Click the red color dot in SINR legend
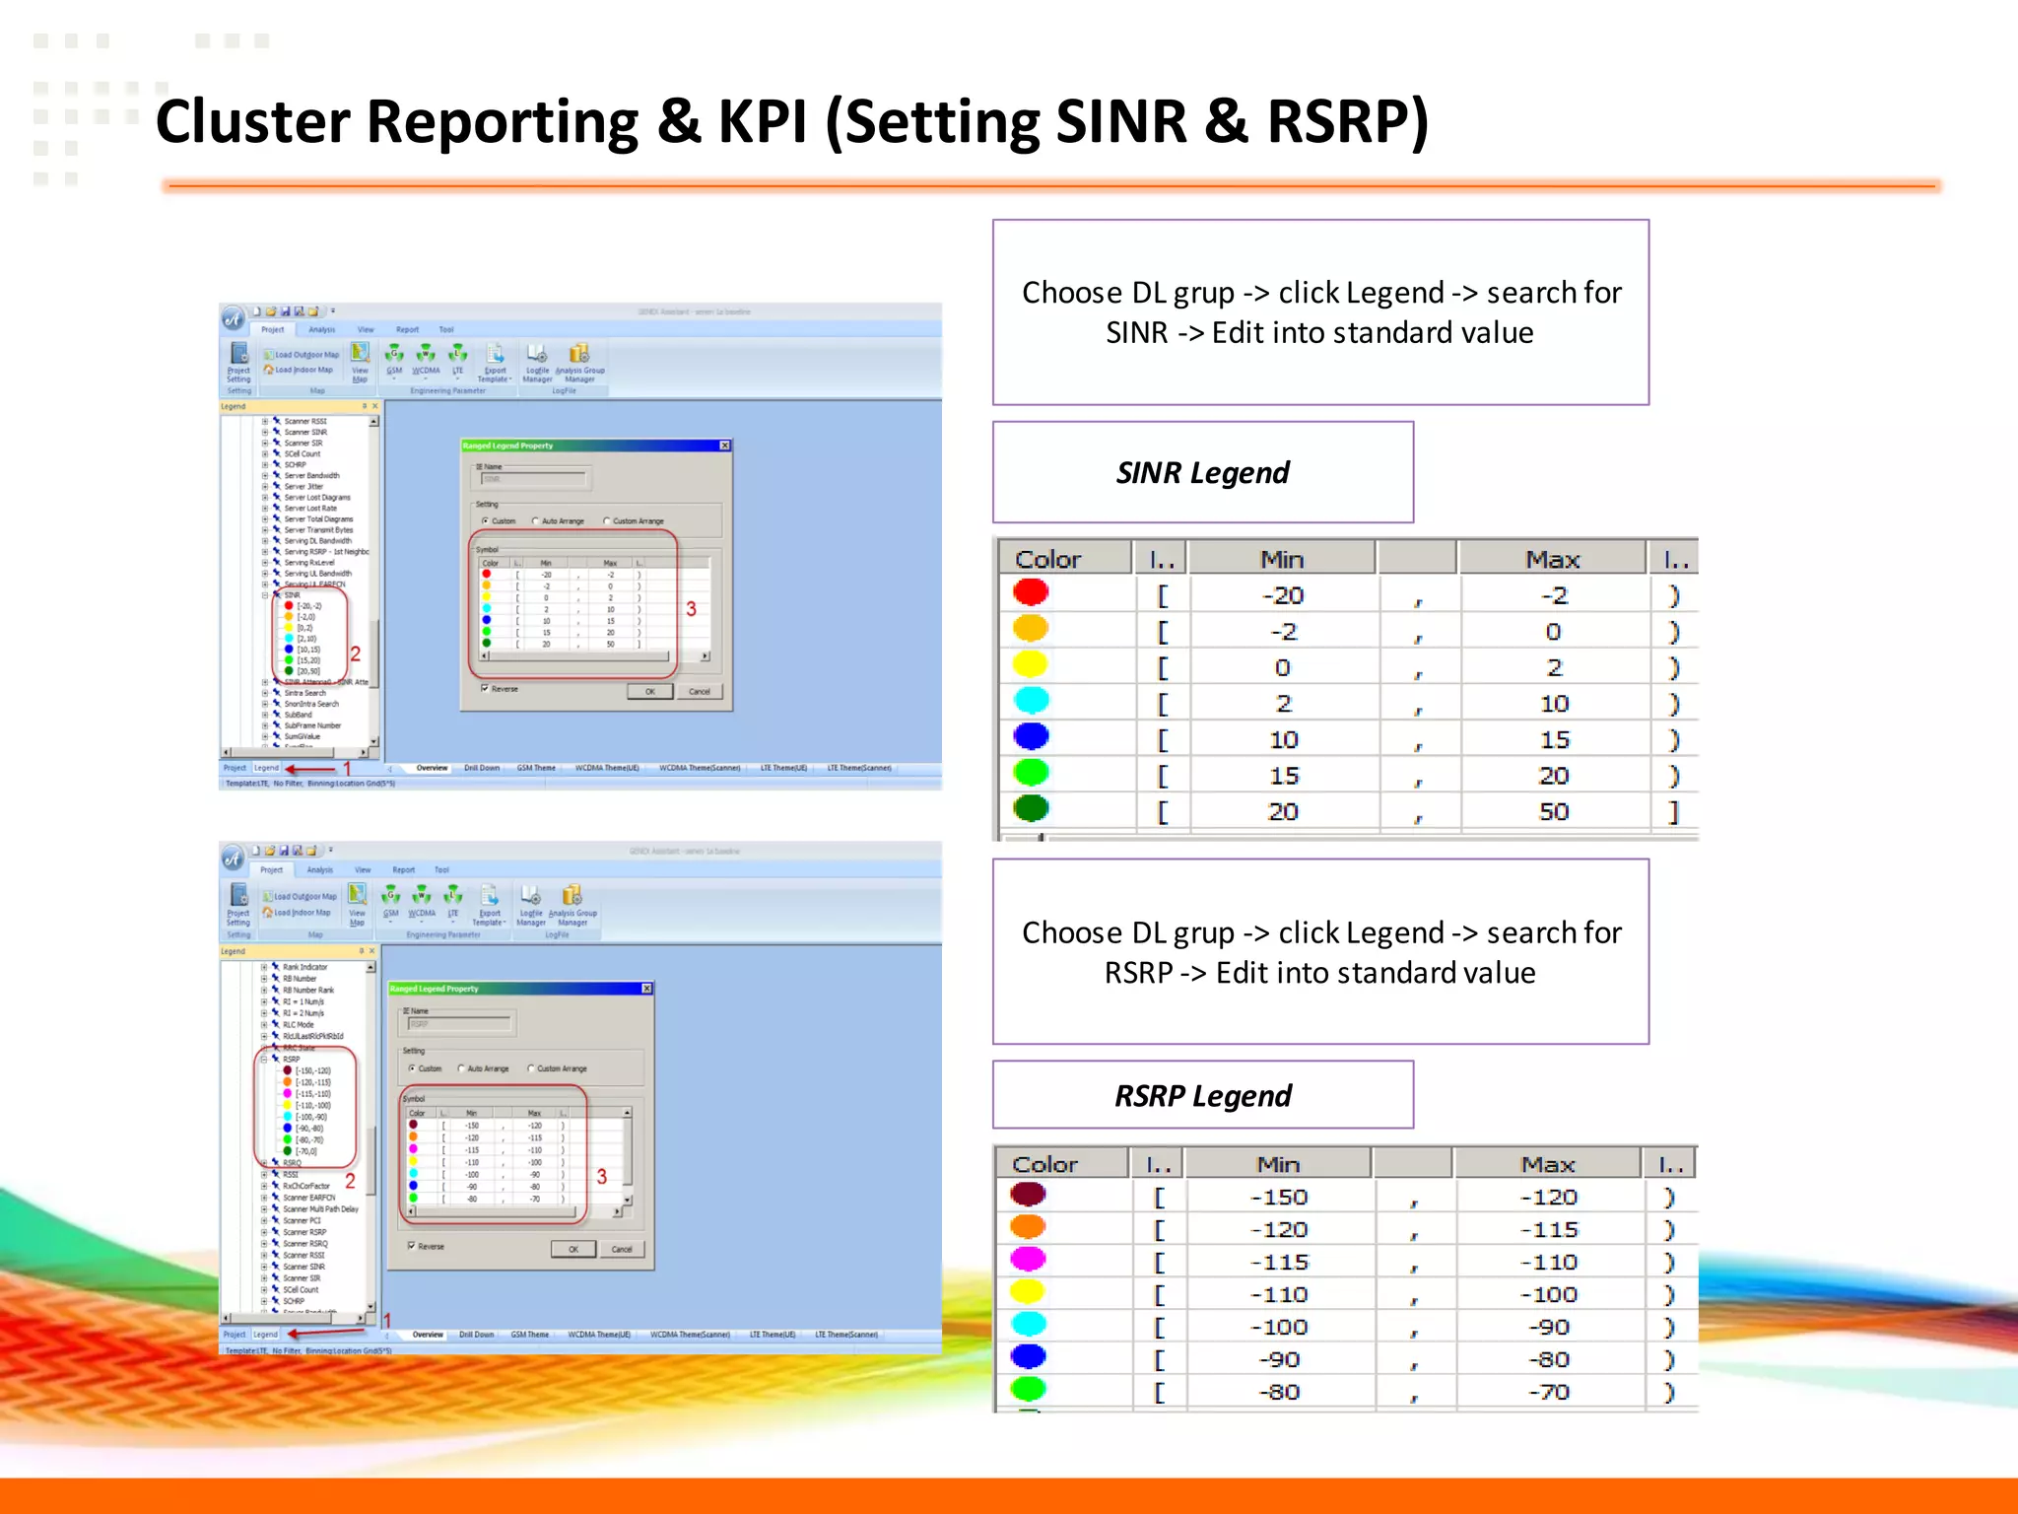tap(1031, 592)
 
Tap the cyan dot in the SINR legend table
tap(1031, 701)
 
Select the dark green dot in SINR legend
tap(1031, 808)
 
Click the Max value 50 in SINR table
tap(1553, 812)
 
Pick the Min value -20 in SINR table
tap(1283, 595)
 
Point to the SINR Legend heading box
tap(1202, 473)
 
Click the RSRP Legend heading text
tap(1202, 1096)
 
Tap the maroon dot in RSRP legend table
tap(1028, 1195)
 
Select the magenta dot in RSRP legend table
tap(1028, 1260)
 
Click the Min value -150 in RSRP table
tap(1279, 1198)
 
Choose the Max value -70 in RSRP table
tap(1548, 1392)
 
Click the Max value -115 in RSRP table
tap(1548, 1230)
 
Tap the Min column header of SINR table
tap(1282, 559)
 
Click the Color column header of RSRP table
tap(1045, 1164)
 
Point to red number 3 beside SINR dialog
tap(691, 609)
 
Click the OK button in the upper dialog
tap(650, 692)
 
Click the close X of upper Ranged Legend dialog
tap(725, 446)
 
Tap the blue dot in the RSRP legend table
tap(1028, 1357)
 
